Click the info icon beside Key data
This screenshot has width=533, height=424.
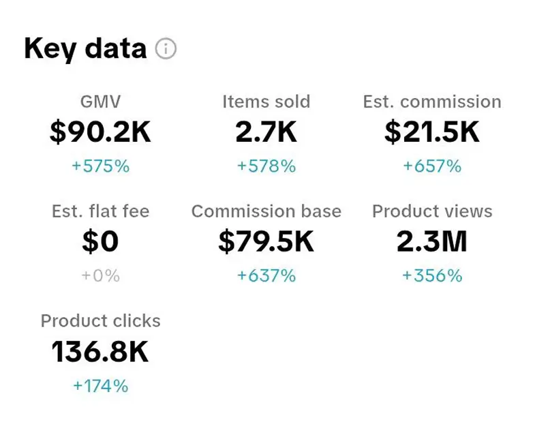166,49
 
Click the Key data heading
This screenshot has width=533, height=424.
85,49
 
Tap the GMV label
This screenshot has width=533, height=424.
100,102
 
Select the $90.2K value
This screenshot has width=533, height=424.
100,132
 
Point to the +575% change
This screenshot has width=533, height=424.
100,166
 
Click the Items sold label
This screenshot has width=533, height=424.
266,102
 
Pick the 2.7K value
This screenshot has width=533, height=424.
266,132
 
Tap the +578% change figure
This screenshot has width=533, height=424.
266,166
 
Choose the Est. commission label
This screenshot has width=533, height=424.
432,102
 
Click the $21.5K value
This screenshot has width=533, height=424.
432,132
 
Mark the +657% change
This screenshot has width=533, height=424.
432,166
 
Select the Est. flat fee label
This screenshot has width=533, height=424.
100,212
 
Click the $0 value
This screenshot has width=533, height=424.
100,242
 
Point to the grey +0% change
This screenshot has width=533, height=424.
100,275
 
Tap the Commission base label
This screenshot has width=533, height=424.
266,212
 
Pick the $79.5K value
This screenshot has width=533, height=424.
266,242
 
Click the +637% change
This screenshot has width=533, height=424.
266,275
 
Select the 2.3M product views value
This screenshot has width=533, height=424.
432,242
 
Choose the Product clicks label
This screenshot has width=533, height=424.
100,321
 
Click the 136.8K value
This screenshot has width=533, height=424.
100,352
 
